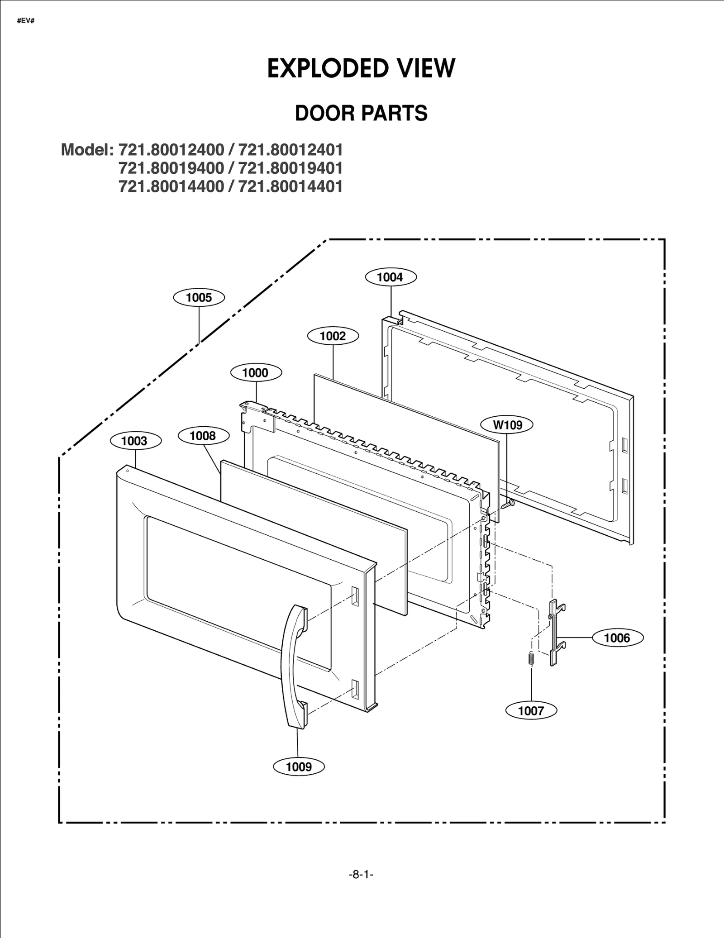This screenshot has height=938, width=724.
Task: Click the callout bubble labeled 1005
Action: pos(199,298)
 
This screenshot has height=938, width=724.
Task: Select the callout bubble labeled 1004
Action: pos(391,277)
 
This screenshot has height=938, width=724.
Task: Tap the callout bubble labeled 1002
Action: pos(333,336)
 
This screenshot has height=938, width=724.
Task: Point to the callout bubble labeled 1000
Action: pos(256,372)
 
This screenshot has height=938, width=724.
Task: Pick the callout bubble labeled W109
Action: pos(507,425)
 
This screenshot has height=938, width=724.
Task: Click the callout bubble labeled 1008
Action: pos(203,436)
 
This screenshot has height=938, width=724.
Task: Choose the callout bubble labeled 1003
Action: pos(135,441)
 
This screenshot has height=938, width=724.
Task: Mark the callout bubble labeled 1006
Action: pos(617,638)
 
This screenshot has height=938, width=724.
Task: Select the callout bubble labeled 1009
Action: pos(299,767)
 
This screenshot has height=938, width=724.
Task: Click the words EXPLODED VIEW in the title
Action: pos(361,69)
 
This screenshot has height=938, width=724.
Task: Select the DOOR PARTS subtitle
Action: pos(361,113)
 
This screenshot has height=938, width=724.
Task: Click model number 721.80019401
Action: pos(290,168)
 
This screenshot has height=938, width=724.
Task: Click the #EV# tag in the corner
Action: pos(26,21)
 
